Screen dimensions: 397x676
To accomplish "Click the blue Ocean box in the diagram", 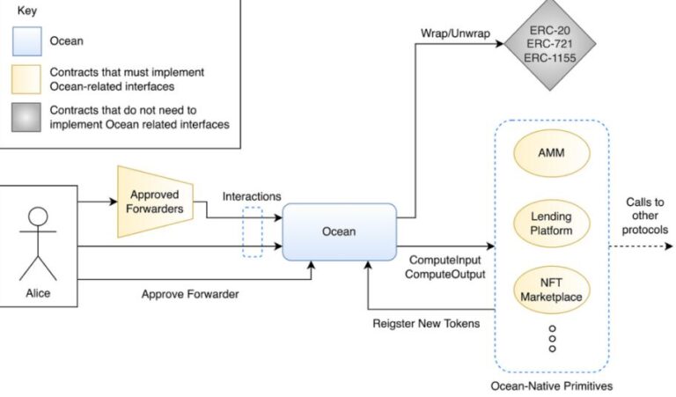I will pyautogui.click(x=339, y=232).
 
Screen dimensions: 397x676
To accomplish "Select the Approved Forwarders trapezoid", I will pyautogui.click(x=155, y=202).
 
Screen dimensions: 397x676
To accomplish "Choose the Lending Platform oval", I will pyautogui.click(x=551, y=224).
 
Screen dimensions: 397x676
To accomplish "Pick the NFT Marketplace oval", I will pyautogui.click(x=551, y=289).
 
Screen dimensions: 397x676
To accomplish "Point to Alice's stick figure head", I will pyautogui.click(x=38, y=217).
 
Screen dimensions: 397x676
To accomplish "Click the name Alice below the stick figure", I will pyautogui.click(x=38, y=293).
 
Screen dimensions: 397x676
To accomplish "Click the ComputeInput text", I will pyautogui.click(x=440, y=261).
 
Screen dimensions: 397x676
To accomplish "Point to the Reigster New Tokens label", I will pyautogui.click(x=425, y=323).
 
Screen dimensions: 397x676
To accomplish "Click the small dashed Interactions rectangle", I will pyautogui.click(x=253, y=232).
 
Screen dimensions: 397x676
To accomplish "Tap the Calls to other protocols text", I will pyautogui.click(x=645, y=217).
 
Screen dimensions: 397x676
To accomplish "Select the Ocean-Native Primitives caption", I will pyautogui.click(x=551, y=386).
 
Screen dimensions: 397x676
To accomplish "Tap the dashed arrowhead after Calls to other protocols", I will pyautogui.click(x=666, y=247).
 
